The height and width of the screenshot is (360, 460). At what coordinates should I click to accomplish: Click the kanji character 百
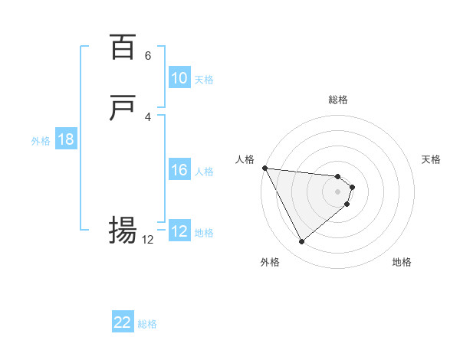coord(123,47)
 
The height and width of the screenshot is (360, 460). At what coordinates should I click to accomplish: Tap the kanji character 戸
coord(123,109)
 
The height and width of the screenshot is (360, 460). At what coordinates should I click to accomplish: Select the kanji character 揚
coord(123,230)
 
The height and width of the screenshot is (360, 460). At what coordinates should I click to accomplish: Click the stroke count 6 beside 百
coord(148,56)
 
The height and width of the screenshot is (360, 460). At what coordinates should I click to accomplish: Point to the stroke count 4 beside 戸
coord(148,116)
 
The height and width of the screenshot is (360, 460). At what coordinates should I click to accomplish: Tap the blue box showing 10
coord(179,78)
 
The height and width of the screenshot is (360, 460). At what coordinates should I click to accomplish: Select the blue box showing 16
coord(179,170)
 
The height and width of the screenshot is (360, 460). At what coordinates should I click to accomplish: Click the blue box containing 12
coord(179,231)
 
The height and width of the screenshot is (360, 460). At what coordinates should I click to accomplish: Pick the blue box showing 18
coord(65,139)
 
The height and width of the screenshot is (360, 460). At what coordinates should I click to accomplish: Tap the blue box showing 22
coord(123,322)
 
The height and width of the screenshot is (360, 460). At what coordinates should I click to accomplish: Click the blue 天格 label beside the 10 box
coord(204,79)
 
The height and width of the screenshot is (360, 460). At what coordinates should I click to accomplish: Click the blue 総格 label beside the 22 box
coord(147,323)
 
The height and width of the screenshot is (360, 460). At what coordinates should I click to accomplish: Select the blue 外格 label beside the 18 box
coord(41,140)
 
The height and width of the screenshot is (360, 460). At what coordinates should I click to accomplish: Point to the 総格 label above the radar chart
coord(338,100)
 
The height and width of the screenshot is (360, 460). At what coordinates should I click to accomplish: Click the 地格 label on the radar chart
coord(402,262)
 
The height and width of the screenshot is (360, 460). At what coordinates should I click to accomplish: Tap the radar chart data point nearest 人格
coord(264,168)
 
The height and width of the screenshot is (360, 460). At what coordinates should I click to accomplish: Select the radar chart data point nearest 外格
coord(301,242)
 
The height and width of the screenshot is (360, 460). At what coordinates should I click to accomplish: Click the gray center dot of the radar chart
coord(338,191)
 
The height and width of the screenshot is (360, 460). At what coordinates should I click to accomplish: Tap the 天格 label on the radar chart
coord(431,159)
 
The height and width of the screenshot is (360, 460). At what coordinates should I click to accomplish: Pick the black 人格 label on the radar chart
coord(245,159)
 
